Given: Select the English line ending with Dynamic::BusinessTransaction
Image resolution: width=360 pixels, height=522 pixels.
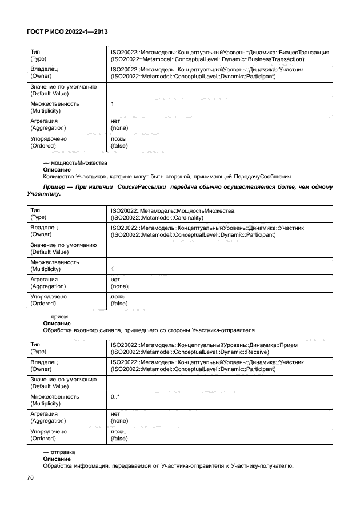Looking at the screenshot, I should point(207,59).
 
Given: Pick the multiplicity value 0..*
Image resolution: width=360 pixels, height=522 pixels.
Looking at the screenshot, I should point(115,396).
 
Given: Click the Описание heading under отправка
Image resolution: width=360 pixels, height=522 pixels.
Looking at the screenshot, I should point(57,459).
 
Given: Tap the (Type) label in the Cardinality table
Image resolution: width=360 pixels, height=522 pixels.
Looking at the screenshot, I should point(38,218).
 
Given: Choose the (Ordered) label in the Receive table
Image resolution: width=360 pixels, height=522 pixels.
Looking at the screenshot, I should point(43,439).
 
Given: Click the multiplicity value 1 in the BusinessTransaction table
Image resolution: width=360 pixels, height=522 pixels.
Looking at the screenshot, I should point(112,104).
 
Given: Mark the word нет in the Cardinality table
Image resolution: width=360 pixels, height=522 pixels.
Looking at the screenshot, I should point(115,279).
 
